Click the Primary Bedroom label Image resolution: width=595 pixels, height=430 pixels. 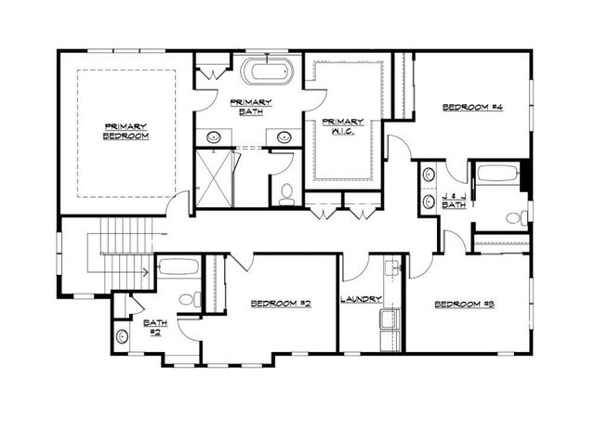pos(126,131)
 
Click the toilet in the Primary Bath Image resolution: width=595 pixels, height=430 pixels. pos(286,193)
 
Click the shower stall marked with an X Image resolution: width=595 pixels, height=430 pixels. pos(214,178)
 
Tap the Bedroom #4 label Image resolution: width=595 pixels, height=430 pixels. pos(471,109)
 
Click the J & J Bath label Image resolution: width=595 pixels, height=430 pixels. pos(453,199)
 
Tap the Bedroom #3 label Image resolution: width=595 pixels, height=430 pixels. pos(465,305)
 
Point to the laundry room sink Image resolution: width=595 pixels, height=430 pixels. pos(391,268)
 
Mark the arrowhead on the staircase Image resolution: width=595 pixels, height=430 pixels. pos(146,272)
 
